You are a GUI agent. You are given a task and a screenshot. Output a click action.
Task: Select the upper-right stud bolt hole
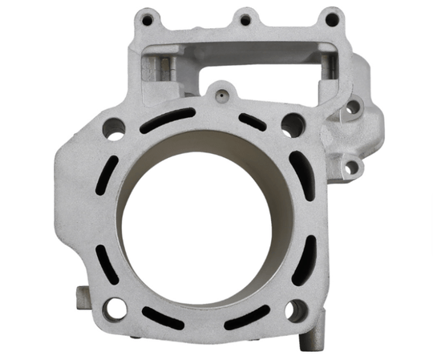click(293, 124)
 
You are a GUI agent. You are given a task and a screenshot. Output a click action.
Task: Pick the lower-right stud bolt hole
click(297, 309)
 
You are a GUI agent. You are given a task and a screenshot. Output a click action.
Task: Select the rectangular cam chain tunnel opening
click(241, 64)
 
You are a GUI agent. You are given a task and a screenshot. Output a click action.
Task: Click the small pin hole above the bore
click(216, 95)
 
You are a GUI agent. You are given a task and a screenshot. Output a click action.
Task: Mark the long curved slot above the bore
click(167, 121)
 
